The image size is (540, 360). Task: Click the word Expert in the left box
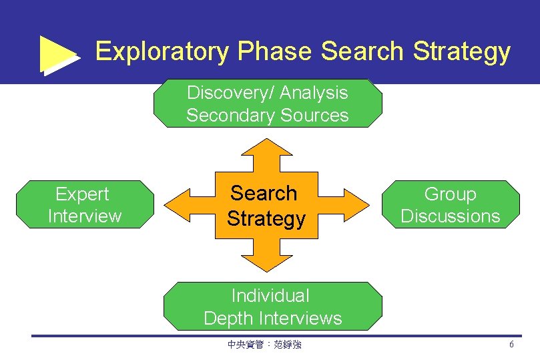tap(82, 194)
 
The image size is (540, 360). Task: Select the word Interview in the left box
tap(85, 216)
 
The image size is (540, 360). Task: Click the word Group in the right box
tap(451, 194)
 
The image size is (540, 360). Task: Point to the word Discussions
tap(451, 216)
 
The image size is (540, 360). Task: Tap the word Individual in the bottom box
tap(270, 295)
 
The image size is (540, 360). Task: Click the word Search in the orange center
tap(264, 193)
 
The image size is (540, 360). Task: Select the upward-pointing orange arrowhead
tap(267, 148)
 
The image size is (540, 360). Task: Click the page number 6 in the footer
tap(511, 345)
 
